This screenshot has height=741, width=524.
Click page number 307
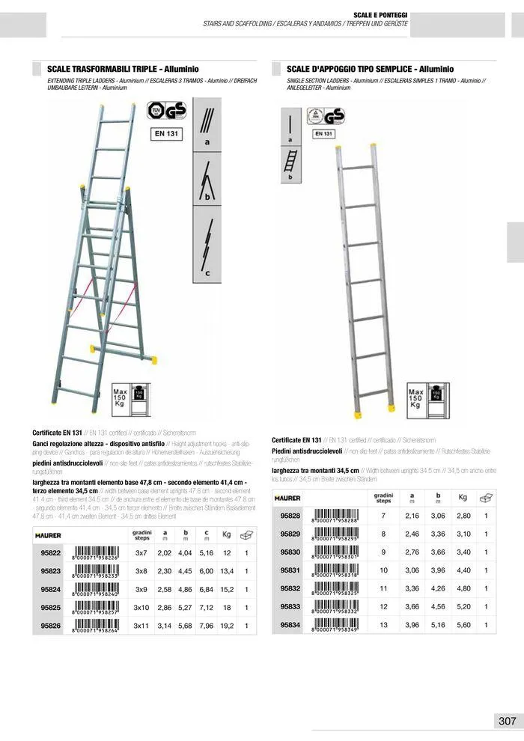coord(507,721)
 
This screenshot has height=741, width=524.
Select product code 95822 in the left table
coord(51,552)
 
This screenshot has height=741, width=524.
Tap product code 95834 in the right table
coord(290,624)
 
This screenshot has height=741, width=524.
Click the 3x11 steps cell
coord(141,626)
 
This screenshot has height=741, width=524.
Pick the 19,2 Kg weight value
coord(228,626)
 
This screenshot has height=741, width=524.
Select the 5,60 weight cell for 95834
coord(463,624)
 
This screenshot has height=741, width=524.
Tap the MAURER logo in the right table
coord(287,498)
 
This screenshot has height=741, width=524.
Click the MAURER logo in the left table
coord(48,535)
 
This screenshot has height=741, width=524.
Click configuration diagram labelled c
coord(206,247)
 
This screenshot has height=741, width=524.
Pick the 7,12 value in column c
coord(206,608)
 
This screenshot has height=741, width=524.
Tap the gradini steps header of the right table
coord(383,498)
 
